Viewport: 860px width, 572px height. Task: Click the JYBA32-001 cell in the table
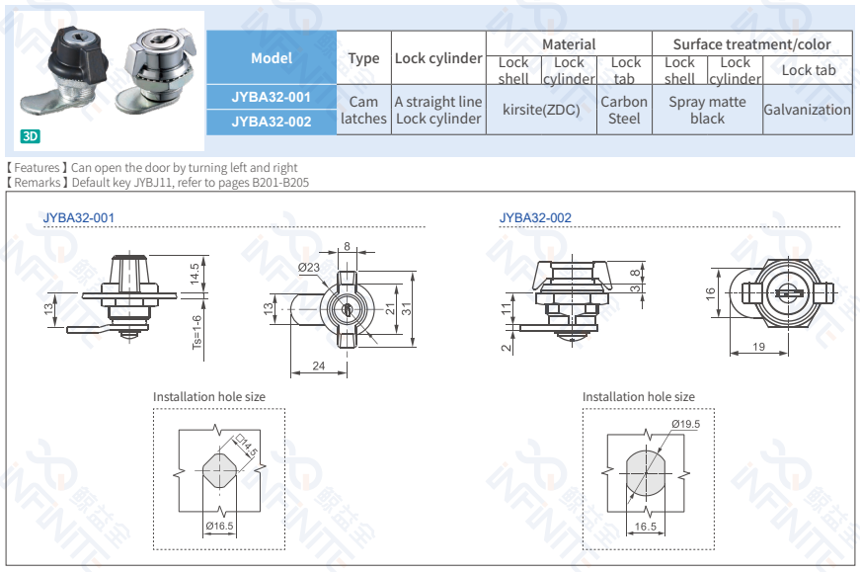271,97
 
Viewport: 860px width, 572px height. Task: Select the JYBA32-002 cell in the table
271,122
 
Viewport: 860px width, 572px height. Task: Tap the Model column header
271,57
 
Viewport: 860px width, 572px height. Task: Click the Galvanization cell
806,110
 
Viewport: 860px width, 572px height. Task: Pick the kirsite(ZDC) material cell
541,110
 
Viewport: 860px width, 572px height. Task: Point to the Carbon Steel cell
624,110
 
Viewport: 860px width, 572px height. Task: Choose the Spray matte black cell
707,110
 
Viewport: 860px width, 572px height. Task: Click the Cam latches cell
363,110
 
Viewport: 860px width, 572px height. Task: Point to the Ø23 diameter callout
308,267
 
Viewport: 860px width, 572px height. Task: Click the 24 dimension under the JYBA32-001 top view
319,367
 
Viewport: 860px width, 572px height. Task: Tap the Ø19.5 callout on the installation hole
685,424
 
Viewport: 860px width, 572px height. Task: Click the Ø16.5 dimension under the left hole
219,526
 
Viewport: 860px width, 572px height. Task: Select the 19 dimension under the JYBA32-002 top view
758,347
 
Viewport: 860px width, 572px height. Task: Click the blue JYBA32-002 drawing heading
535,217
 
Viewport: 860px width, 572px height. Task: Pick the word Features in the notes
37,168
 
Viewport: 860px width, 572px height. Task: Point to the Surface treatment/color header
751,44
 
